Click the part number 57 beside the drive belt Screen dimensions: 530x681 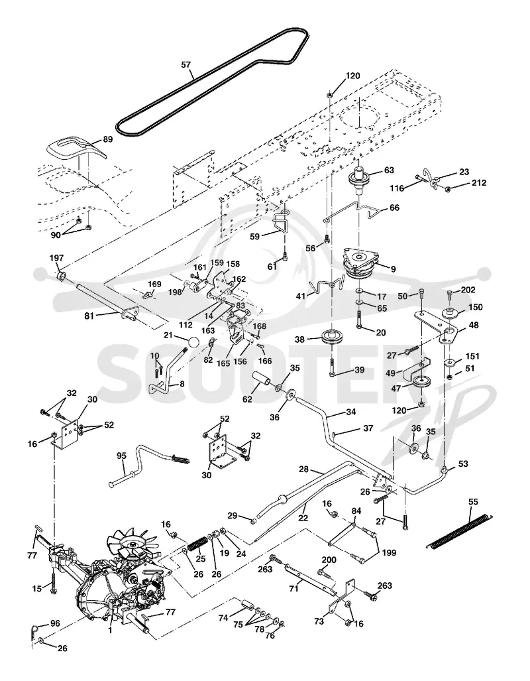tap(185, 65)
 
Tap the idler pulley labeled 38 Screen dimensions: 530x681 tap(333, 338)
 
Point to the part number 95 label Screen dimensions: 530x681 tap(121, 456)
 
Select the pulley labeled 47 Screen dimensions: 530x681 tap(421, 383)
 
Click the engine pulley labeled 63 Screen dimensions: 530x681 tap(360, 180)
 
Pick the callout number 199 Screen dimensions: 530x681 tap(388, 553)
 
